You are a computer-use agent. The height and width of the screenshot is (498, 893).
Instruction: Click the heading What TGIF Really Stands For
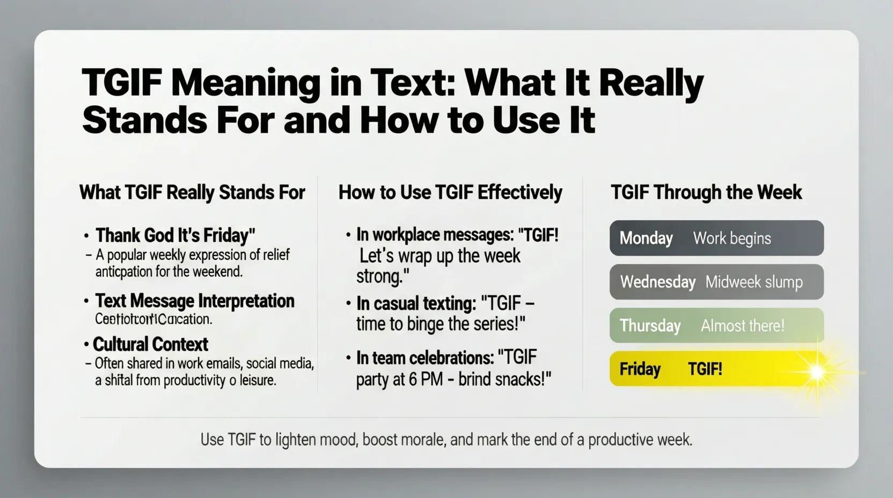pos(192,192)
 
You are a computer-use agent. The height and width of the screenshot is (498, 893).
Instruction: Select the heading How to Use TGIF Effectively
pos(450,192)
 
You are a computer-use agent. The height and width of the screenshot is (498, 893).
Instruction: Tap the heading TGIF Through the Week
pos(706,192)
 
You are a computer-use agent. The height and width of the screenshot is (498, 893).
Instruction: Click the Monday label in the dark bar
pos(646,238)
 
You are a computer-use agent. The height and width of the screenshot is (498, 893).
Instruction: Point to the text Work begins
pos(731,238)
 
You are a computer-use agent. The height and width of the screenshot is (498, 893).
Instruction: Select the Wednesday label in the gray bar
pos(657,282)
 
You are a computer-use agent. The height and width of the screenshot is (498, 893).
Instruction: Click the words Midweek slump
pos(753,282)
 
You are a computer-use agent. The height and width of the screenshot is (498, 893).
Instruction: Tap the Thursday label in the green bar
pos(650,326)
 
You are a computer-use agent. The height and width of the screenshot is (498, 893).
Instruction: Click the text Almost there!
pos(742,326)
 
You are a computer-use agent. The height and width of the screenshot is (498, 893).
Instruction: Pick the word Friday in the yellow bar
pos(640,369)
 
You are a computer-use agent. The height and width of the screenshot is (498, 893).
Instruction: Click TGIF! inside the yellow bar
pos(705,369)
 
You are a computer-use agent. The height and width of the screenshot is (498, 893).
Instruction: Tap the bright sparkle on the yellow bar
pos(817,371)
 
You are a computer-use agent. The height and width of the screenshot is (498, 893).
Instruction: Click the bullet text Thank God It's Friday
pos(175,236)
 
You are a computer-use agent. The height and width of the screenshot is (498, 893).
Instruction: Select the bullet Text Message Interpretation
pos(194,301)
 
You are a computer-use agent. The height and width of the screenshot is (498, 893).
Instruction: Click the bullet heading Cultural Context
pos(150,344)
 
